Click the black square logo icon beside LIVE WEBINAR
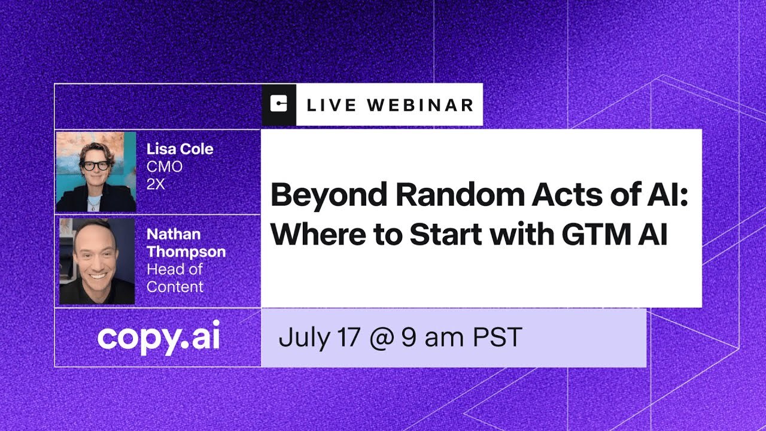[279, 105]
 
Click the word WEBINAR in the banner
[420, 105]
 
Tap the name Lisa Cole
[180, 149]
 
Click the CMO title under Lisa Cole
[164, 166]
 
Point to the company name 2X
[156, 184]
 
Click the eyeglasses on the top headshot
[95, 166]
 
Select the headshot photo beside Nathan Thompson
[97, 261]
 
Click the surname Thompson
[186, 251]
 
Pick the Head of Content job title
[175, 278]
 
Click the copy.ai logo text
[159, 338]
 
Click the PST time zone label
[498, 338]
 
